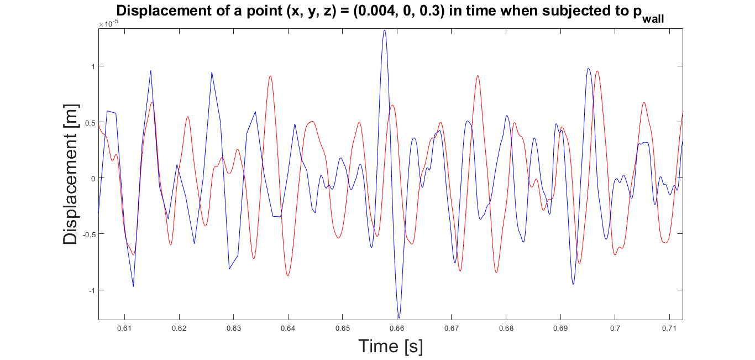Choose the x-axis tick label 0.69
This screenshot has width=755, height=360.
coord(560,328)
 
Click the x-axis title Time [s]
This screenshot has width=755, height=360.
coord(390,346)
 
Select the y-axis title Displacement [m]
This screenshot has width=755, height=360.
coord(70,175)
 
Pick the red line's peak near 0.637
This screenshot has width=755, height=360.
coord(270,76)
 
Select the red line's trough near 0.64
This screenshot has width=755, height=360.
coord(288,275)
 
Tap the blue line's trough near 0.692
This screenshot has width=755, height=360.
coord(573,284)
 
